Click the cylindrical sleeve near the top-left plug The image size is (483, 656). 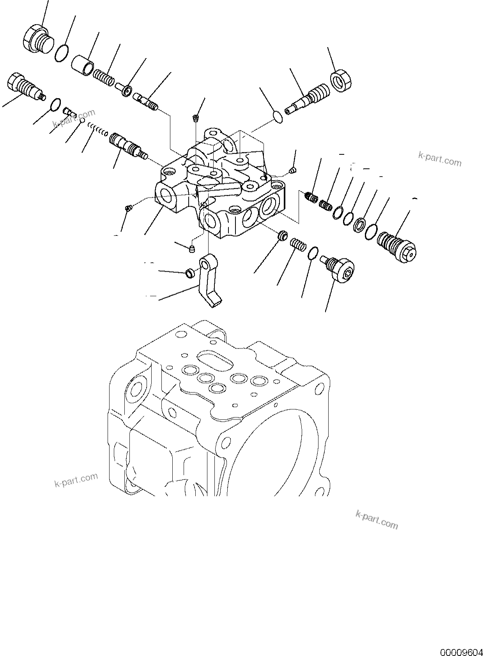[83, 64]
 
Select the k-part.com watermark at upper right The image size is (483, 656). [439, 159]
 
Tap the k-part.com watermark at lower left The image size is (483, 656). [76, 480]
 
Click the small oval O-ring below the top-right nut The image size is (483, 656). [278, 116]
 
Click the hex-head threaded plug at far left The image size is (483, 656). [24, 86]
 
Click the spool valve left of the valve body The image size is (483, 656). [126, 146]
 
